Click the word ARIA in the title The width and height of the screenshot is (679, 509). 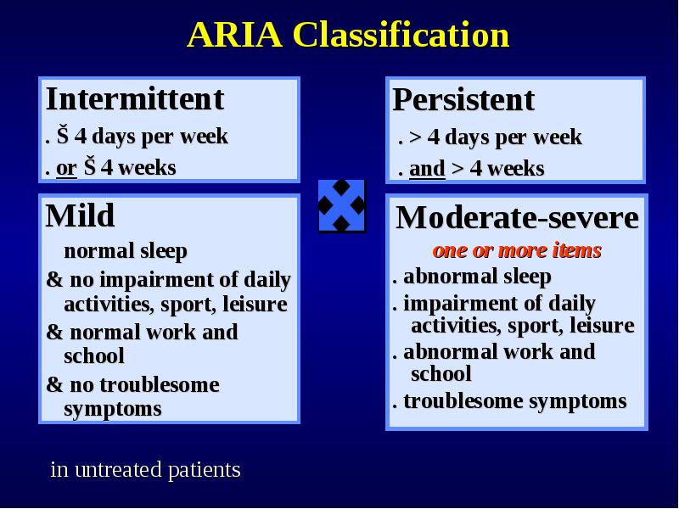pos(235,35)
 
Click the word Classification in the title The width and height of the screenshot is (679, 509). pos(401,34)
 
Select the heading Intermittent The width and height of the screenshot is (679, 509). pos(135,99)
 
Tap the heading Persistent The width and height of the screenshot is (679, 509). pos(463,100)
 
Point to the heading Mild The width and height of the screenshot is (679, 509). pos(80,215)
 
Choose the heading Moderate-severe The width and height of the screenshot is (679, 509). pos(517,217)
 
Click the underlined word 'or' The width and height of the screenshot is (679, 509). pos(66,168)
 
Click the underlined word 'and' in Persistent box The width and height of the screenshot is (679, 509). pos(427,169)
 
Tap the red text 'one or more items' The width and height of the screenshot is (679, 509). pos(517,250)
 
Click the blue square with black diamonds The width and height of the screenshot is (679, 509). pos(342,205)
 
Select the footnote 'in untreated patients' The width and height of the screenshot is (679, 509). pos(145,470)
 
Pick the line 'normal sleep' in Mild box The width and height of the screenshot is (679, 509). pos(126,251)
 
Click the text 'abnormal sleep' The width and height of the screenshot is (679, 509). pos(477,277)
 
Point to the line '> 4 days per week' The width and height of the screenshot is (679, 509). pos(496,137)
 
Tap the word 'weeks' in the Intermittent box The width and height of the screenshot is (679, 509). pos(147,168)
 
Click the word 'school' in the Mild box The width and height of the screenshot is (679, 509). pos(94,356)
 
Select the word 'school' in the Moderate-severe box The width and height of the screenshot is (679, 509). pos(441,374)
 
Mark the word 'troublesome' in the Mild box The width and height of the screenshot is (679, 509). pos(166,385)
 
